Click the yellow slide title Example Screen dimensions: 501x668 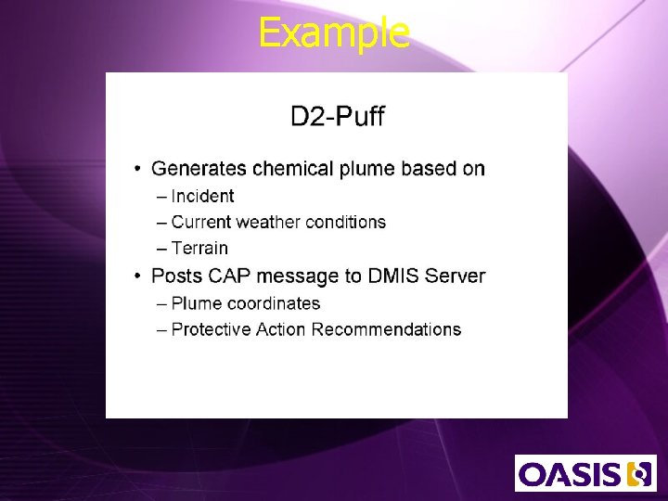334,32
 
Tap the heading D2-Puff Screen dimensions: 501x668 337,117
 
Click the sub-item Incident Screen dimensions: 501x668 202,196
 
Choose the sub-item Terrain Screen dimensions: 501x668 199,248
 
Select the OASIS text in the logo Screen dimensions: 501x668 570,474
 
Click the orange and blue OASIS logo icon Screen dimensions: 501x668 639,474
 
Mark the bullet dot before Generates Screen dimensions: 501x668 136,169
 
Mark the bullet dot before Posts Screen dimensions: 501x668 136,276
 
